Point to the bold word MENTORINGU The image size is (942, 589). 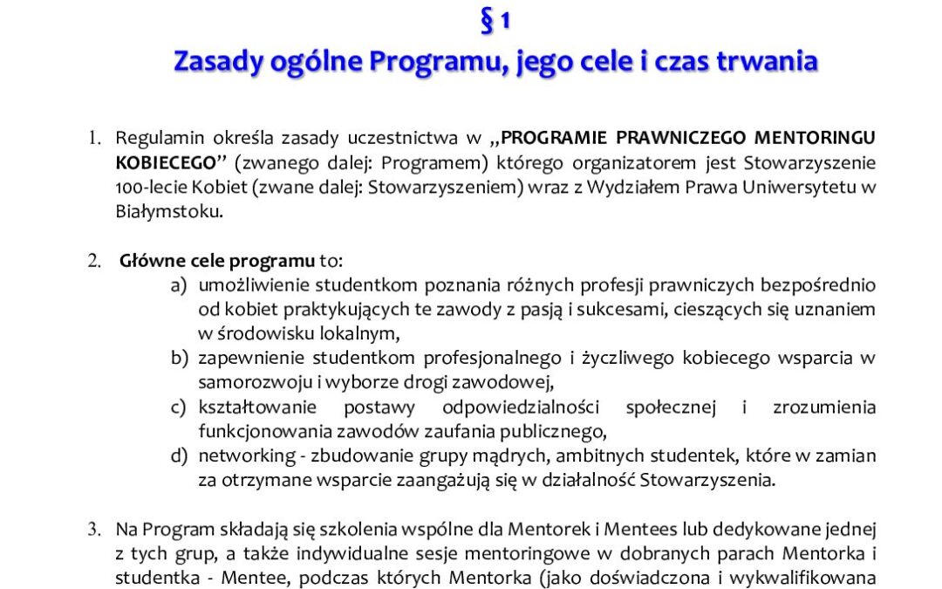[816, 138]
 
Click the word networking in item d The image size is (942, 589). [235, 455]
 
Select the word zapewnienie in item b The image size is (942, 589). [244, 358]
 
